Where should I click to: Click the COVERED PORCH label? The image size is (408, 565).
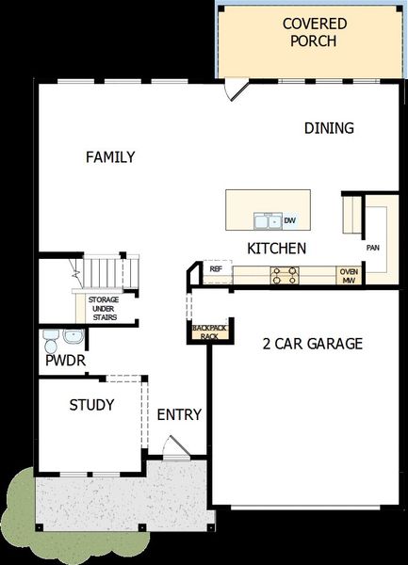pos(309,32)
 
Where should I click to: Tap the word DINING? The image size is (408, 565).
pos(329,128)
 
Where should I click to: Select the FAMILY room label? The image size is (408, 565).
pos(110,157)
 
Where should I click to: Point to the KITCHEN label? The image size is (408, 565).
pos(276,249)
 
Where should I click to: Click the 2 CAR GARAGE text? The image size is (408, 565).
pos(312,344)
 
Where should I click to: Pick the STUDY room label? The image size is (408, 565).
pos(91,405)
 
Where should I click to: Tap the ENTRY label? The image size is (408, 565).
pos(179,414)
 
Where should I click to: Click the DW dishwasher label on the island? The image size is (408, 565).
pos(290,220)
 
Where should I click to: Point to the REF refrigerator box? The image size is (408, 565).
pos(216,269)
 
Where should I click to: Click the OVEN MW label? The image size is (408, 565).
pos(348,275)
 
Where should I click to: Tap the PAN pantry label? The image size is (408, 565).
pos(372,248)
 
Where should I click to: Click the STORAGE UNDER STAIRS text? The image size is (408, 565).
pos(104,307)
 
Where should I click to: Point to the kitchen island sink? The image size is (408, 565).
pos(267,220)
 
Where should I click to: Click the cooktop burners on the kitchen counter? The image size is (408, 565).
pos(285,274)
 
